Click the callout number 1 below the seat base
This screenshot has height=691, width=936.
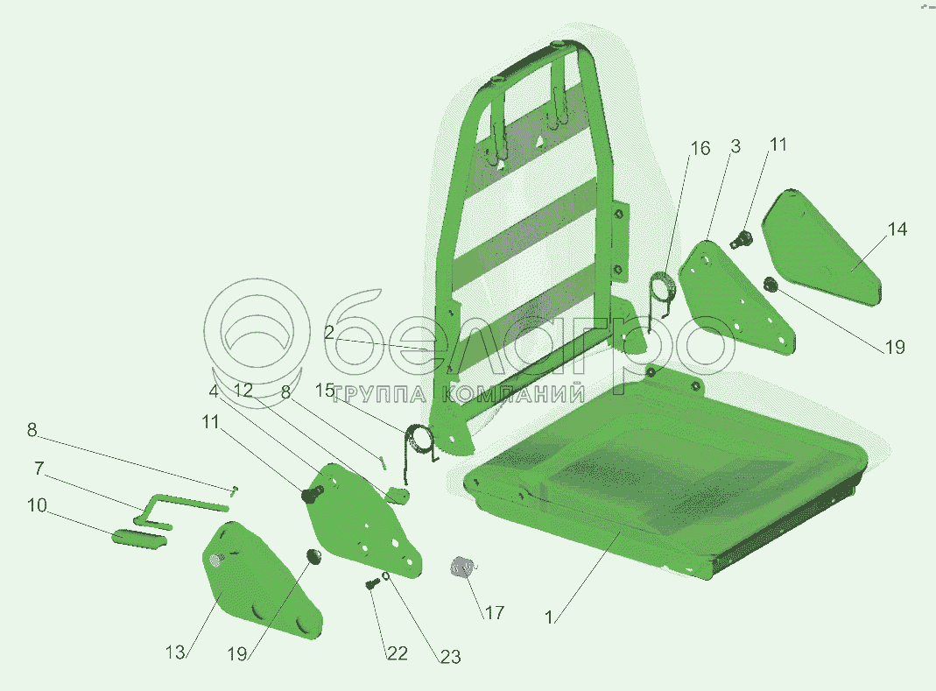(549, 617)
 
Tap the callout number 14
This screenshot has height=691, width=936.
(897, 229)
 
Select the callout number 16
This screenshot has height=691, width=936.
(700, 148)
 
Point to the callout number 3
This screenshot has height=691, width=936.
(735, 146)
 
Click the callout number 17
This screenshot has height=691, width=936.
(494, 613)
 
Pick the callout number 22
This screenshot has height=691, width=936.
(398, 653)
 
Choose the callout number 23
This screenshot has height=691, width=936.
(451, 657)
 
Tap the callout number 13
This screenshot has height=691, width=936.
(175, 652)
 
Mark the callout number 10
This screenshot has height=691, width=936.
(37, 505)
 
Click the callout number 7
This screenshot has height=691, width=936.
(39, 469)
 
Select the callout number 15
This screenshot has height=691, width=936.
(325, 391)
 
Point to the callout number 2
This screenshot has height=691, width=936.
(329, 333)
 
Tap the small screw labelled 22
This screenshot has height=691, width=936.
(372, 583)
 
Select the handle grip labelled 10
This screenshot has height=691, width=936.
(139, 538)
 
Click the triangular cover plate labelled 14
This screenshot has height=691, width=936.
(821, 247)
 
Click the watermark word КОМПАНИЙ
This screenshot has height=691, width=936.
(514, 394)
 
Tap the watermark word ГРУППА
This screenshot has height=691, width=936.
(380, 395)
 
